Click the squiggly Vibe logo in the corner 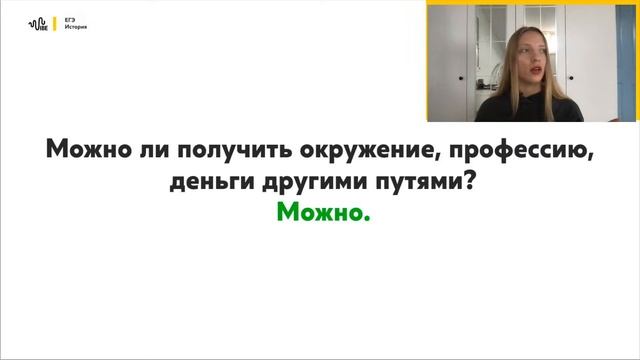click(39, 24)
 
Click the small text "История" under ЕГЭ click(73, 28)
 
